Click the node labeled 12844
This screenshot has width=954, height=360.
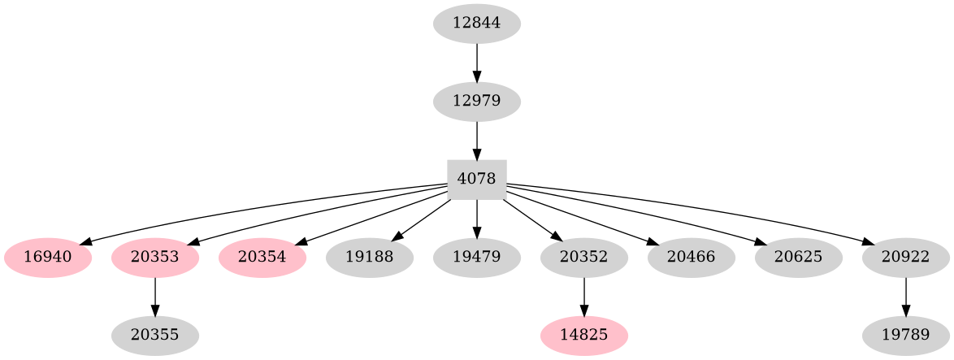(x=476, y=24)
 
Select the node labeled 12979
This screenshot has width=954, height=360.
(x=476, y=102)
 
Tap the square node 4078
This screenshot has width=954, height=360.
(x=477, y=180)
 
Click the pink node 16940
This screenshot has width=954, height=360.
(x=48, y=258)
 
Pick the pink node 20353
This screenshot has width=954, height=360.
(x=155, y=258)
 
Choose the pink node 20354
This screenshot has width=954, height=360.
(x=262, y=258)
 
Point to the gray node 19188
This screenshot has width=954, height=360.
(x=370, y=258)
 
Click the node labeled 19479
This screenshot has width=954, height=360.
(x=477, y=258)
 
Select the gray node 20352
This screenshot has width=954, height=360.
(x=584, y=258)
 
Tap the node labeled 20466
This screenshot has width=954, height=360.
(x=692, y=258)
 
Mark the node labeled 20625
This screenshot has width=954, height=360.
(x=799, y=258)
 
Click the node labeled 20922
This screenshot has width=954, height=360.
(x=906, y=258)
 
